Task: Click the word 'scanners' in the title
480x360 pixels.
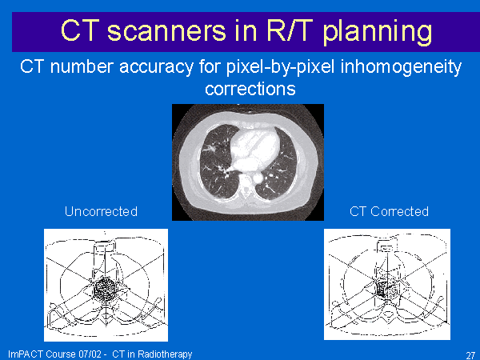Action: (x=166, y=30)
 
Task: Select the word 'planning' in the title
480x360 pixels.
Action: (x=378, y=33)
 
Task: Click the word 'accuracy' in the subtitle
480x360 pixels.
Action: (x=157, y=66)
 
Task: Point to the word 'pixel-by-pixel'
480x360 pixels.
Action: (x=281, y=67)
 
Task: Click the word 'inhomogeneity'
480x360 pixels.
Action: (x=401, y=67)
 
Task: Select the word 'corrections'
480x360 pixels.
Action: (x=250, y=89)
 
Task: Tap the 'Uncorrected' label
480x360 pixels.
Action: (x=101, y=211)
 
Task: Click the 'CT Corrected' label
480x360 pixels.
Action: (x=389, y=211)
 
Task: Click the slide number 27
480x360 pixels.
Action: (x=470, y=355)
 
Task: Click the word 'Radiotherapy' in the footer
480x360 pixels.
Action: (x=165, y=354)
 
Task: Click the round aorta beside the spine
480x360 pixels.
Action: (x=258, y=178)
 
